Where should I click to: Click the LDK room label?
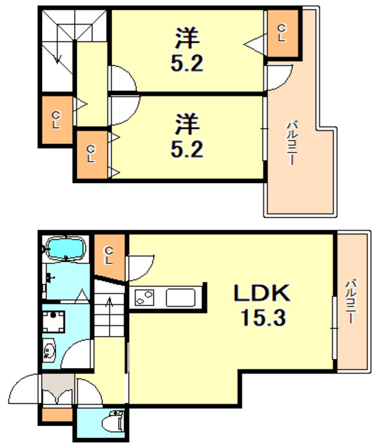point(261,293)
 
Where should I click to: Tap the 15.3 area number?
point(263,318)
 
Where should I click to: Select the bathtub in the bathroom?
point(66,249)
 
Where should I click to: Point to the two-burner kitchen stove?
point(145,298)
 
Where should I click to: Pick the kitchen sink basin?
point(181,298)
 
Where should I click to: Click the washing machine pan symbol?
point(53,321)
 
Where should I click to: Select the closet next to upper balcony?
point(282,33)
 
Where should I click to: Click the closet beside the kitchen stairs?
point(109,256)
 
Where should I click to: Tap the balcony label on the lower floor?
point(351,302)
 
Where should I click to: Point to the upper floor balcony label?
point(291,143)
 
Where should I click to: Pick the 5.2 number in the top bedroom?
point(187,63)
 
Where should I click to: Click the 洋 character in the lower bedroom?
point(187,124)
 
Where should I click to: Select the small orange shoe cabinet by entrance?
point(57,415)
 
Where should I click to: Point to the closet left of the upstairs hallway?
point(57,119)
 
